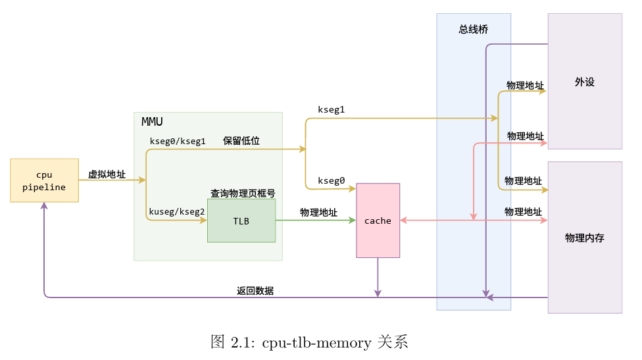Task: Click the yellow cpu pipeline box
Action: tap(44, 180)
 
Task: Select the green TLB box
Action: tap(241, 220)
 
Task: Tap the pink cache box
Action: tap(378, 220)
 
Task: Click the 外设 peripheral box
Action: tap(584, 82)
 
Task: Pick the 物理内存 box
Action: tap(584, 238)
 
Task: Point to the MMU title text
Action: tap(152, 122)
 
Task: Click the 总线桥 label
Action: tap(473, 30)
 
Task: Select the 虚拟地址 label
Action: tap(107, 174)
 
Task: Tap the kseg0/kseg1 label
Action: tap(178, 141)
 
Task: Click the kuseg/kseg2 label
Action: tap(177, 211)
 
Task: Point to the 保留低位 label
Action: tap(241, 141)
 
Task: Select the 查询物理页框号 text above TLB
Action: tap(242, 193)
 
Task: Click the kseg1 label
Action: tap(331, 109)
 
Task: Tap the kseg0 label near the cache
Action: tap(331, 180)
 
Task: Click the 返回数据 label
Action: tap(255, 290)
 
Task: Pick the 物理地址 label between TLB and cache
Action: tap(318, 212)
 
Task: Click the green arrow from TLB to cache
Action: tap(316, 220)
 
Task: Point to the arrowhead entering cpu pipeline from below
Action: tap(44, 206)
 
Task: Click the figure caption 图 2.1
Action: tap(309, 342)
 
